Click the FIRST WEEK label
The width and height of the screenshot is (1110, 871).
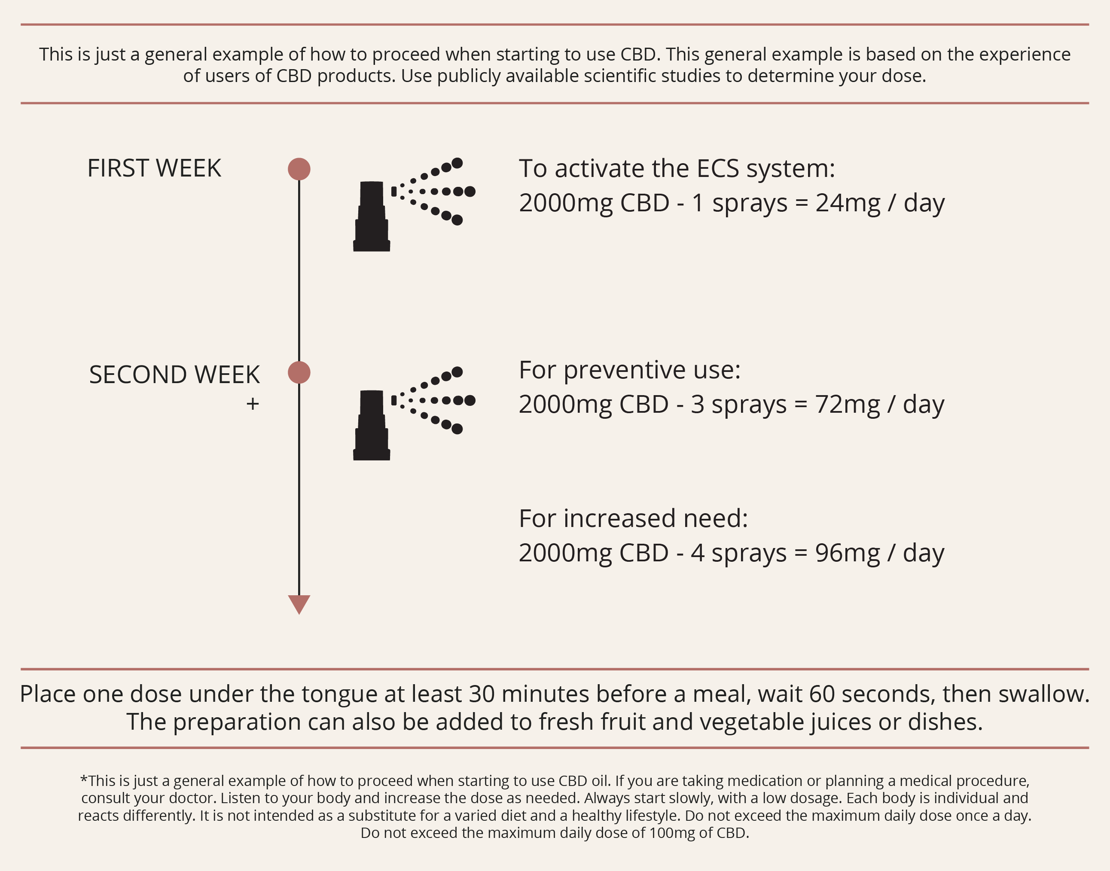pyautogui.click(x=154, y=168)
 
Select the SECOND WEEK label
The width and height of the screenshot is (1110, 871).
pyautogui.click(x=174, y=375)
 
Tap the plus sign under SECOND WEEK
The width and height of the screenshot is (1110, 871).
pyautogui.click(x=253, y=404)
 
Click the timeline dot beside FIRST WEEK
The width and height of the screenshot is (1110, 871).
pyautogui.click(x=299, y=169)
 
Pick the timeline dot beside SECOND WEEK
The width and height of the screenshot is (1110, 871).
pyautogui.click(x=299, y=372)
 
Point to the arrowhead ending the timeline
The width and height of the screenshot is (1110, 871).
pyautogui.click(x=299, y=604)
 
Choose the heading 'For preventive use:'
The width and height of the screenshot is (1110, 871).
pyautogui.click(x=629, y=370)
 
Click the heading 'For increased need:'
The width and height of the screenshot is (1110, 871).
pyautogui.click(x=634, y=519)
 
